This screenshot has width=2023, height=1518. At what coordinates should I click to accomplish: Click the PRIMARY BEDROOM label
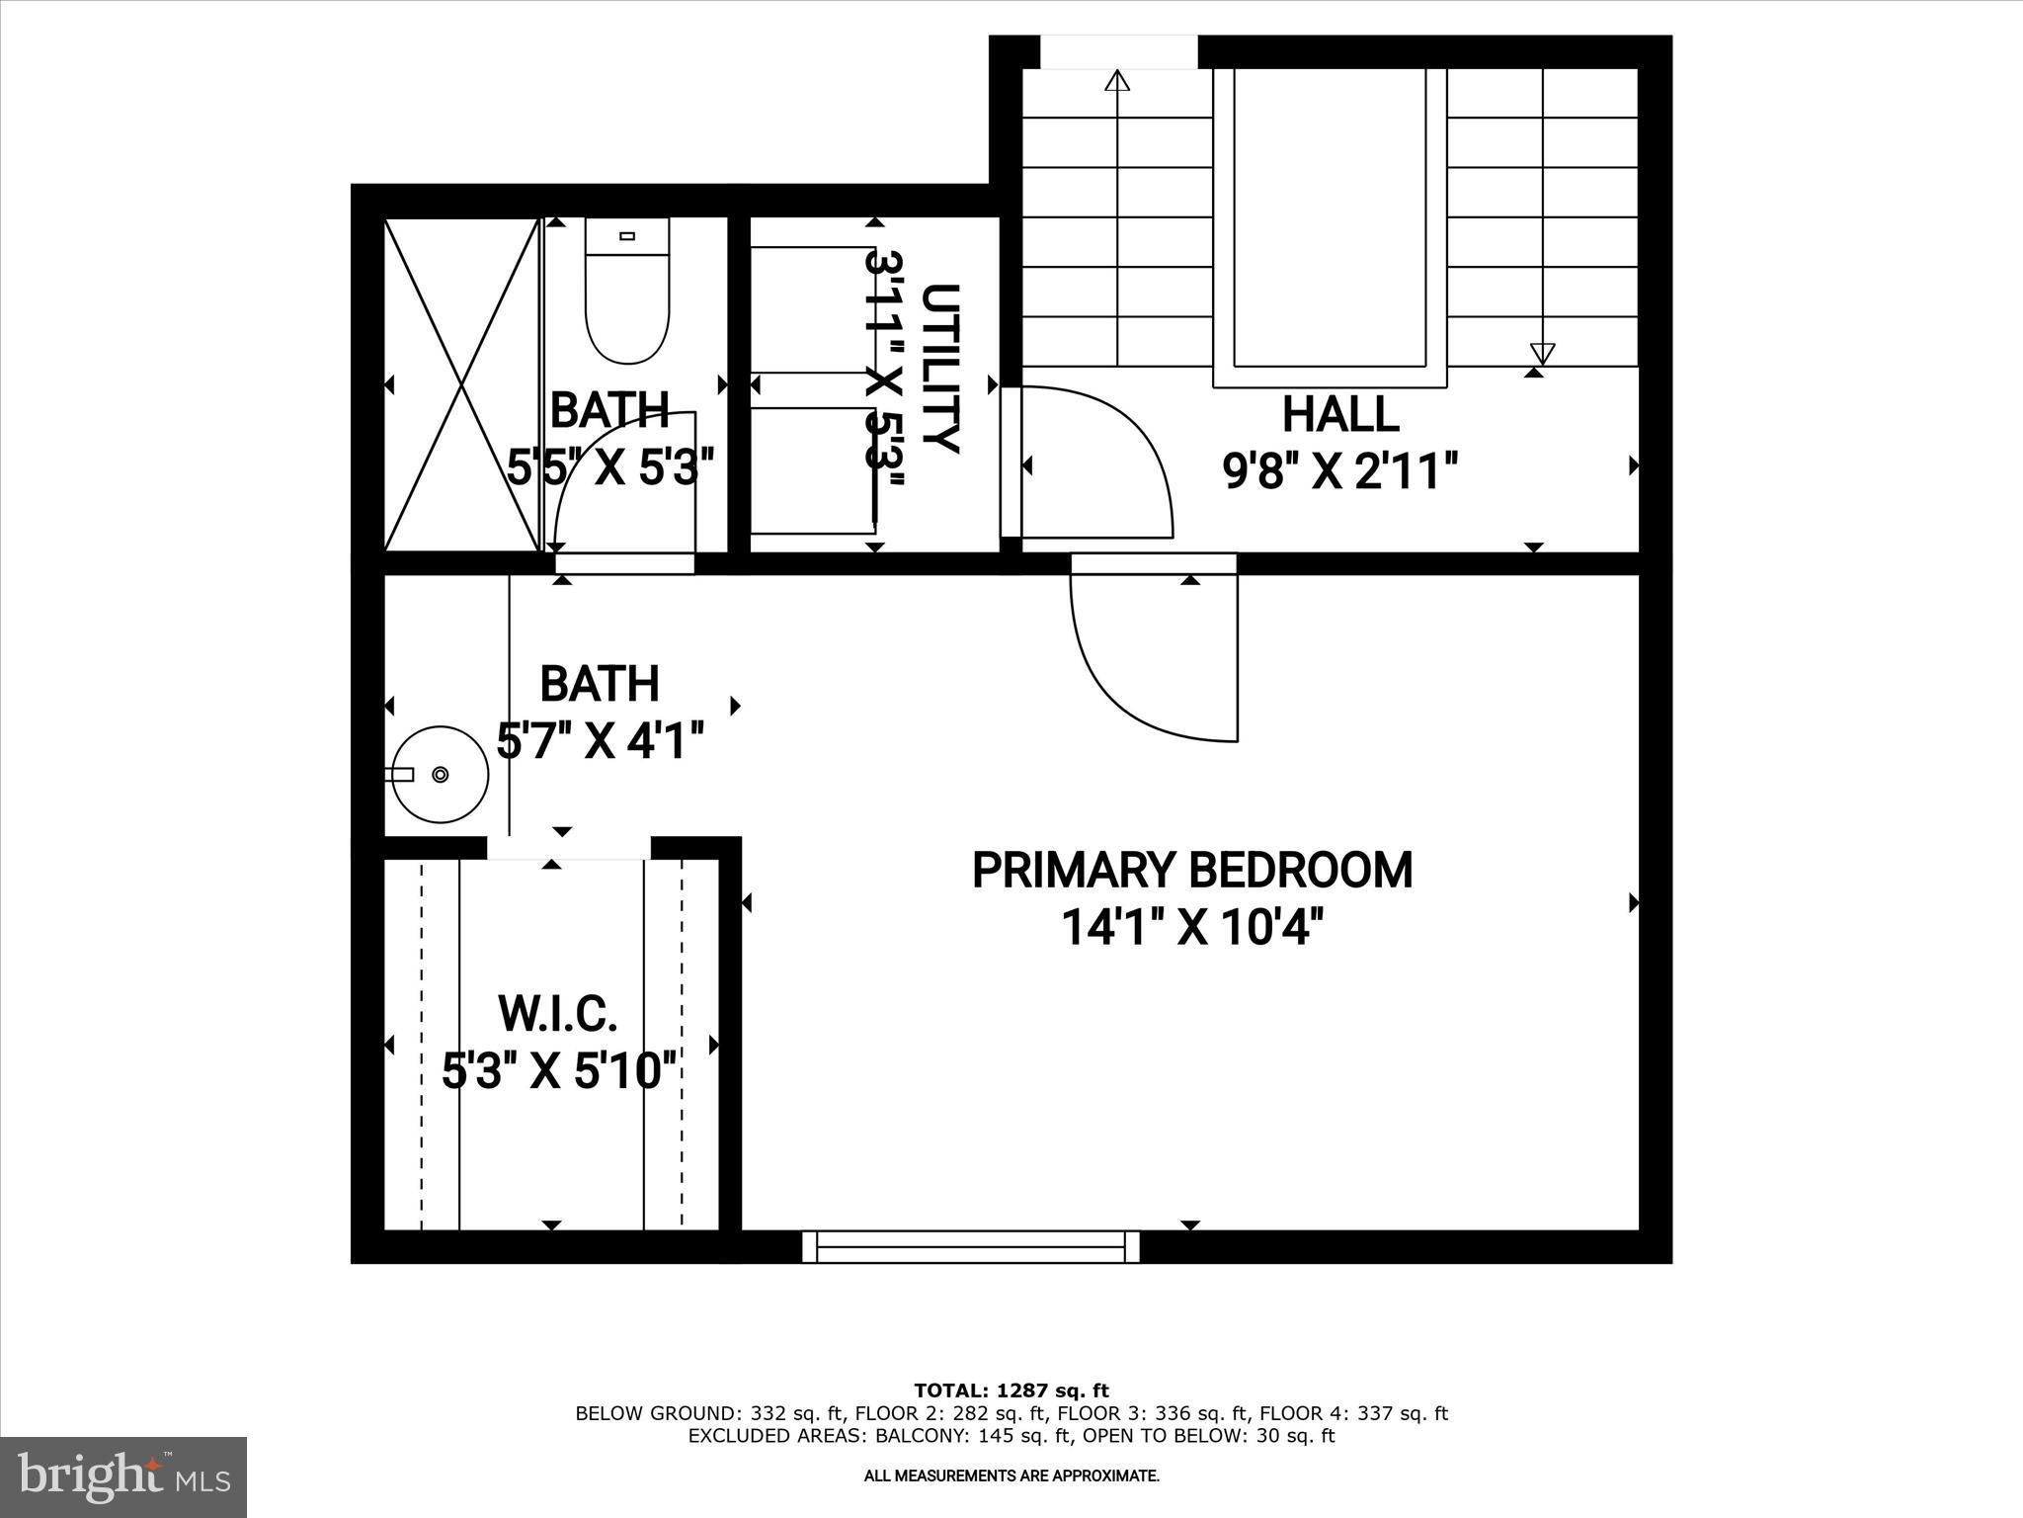tap(1192, 870)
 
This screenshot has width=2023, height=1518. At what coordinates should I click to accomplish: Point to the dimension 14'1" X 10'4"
tap(1192, 927)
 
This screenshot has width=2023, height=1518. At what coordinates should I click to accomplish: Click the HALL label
tap(1340, 414)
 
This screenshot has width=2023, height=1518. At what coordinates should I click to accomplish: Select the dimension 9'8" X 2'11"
tap(1340, 471)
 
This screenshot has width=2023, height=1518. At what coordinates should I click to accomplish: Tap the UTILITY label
tap(940, 368)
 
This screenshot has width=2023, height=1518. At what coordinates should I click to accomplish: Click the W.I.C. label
tap(558, 1013)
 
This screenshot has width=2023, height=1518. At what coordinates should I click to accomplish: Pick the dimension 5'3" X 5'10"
tap(560, 1070)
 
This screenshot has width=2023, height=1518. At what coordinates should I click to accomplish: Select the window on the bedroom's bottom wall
tap(971, 1246)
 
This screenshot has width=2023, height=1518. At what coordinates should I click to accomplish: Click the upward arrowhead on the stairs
tap(1117, 81)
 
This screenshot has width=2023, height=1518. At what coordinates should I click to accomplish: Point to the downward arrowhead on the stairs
tap(1542, 353)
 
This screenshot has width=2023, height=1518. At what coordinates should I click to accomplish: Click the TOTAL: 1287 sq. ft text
tap(1011, 1391)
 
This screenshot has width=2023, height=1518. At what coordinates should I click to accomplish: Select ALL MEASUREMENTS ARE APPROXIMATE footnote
tap(1011, 1476)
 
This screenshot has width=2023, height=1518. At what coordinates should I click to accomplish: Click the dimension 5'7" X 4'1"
tap(600, 739)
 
